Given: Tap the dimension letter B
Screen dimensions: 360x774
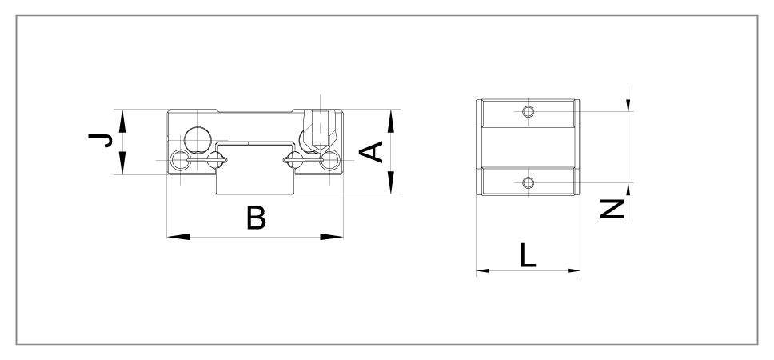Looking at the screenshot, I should (x=255, y=218).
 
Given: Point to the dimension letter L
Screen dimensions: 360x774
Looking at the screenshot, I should (x=528, y=255).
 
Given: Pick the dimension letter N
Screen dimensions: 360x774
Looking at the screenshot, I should (x=612, y=210).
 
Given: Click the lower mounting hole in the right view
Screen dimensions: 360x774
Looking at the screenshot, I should (x=527, y=183).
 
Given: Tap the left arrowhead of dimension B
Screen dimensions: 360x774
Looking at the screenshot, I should (x=178, y=236).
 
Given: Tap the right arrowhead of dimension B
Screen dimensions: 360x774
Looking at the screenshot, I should (x=332, y=236).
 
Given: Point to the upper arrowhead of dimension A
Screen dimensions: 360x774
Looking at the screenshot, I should (x=390, y=119).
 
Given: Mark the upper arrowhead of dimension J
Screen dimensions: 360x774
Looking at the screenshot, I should (x=122, y=119).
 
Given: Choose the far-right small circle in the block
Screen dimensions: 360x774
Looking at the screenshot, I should (x=329, y=162).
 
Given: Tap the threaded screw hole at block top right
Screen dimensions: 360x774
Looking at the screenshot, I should (x=317, y=128).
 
